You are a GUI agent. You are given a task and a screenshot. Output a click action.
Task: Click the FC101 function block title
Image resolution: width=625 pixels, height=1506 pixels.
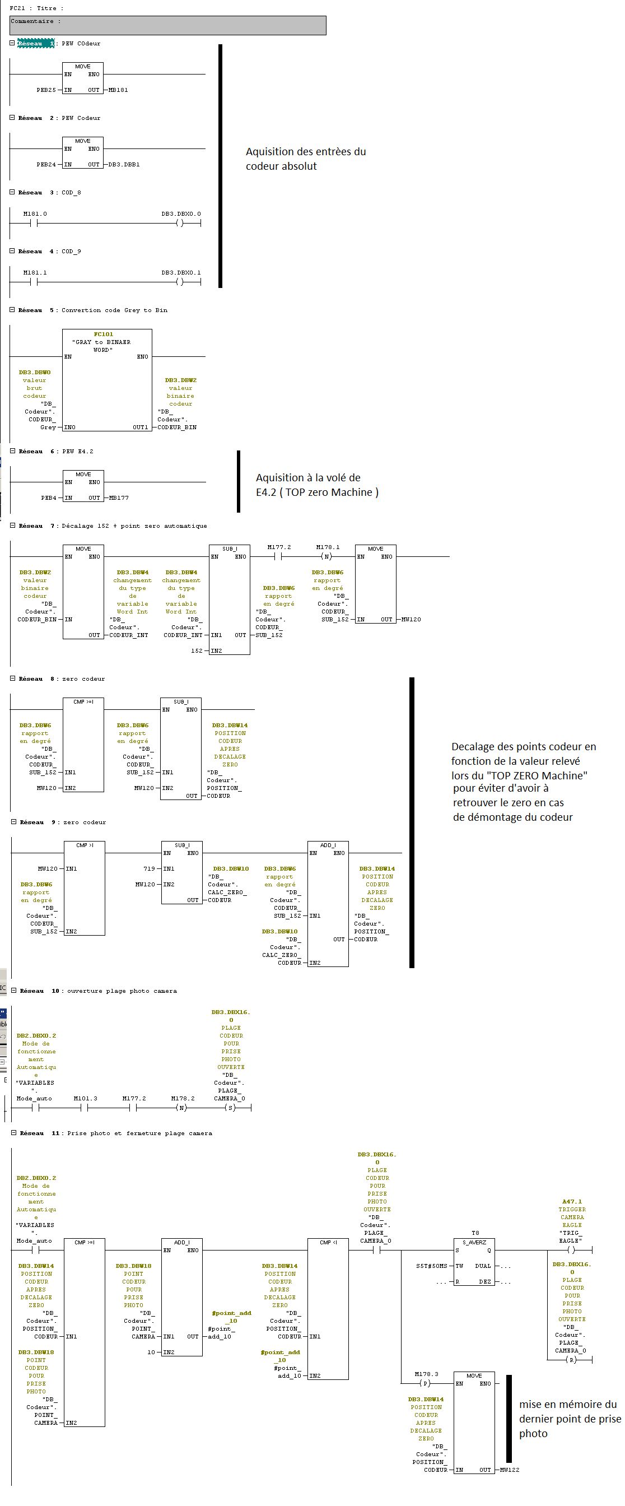104,334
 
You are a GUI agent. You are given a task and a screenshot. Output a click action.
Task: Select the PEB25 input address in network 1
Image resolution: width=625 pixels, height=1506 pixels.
46,90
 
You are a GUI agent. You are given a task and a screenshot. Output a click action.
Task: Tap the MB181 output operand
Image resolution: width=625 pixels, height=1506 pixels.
118,90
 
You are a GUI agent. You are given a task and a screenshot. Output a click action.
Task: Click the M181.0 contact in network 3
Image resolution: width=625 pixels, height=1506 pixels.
35,214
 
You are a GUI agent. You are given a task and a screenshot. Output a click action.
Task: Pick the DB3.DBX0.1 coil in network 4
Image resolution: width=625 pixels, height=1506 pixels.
181,273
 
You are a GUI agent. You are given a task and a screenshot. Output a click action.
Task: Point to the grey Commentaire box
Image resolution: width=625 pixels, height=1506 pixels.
167,25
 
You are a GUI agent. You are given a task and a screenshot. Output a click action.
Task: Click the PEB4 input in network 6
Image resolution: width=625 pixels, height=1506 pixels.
49,498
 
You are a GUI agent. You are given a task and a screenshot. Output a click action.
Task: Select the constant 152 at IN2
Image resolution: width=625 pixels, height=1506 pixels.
197,650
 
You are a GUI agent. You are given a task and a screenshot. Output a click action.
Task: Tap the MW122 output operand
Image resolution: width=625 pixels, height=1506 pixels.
509,1470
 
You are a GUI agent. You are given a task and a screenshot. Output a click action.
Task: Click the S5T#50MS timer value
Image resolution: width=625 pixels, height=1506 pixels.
431,1266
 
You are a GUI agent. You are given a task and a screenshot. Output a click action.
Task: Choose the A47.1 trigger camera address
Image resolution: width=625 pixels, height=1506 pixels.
572,1202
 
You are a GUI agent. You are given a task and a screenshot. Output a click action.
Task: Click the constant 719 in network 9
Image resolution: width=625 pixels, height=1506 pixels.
149,869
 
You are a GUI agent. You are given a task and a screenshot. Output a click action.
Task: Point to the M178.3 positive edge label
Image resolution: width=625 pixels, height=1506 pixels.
426,1374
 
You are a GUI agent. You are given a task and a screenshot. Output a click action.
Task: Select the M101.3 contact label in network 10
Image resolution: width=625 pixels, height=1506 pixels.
85,1099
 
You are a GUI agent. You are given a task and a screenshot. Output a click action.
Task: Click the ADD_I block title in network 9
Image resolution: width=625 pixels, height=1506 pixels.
328,845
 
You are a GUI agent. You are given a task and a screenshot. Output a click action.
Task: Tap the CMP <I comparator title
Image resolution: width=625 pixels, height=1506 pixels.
328,1242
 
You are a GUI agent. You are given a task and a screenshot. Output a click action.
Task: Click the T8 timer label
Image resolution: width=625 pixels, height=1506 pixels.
475,1233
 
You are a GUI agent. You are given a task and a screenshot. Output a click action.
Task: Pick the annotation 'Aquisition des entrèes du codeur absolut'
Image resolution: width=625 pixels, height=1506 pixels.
305,159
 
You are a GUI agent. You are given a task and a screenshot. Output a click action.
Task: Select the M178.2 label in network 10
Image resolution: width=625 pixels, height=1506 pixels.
183,1099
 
